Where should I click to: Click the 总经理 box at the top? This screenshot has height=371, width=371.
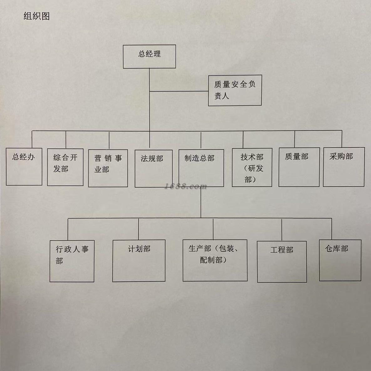pos(149,56)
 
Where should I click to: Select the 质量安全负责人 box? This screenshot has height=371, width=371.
pos(235,90)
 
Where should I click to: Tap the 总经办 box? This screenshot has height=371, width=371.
pos(24,167)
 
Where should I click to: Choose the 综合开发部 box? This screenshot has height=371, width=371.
pos(65,167)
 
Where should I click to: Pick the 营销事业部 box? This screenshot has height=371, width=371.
pos(108,168)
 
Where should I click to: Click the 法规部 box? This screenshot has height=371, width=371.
pos(153,168)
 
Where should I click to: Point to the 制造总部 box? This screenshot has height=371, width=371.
pos(201,168)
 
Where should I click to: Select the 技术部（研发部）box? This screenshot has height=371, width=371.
pos(252,167)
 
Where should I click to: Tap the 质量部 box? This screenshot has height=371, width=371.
pos(299,167)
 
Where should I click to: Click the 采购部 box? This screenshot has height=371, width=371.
pos(343,167)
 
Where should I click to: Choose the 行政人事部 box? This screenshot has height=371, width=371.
pos(72,261)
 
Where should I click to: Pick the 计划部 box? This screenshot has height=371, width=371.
pos(139,260)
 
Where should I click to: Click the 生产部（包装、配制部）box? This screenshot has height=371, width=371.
pos(215,260)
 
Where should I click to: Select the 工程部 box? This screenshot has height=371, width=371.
pos(282,261)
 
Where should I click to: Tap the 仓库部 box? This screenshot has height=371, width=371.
pos(340,260)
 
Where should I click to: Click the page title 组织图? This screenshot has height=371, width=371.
pos(37,16)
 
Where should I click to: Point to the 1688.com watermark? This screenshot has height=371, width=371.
pos(186,187)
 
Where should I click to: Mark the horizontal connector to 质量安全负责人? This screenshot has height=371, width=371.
pos(179,91)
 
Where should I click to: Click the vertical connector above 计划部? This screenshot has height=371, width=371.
pos(138,229)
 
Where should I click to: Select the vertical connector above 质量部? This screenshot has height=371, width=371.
pos(295,139)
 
